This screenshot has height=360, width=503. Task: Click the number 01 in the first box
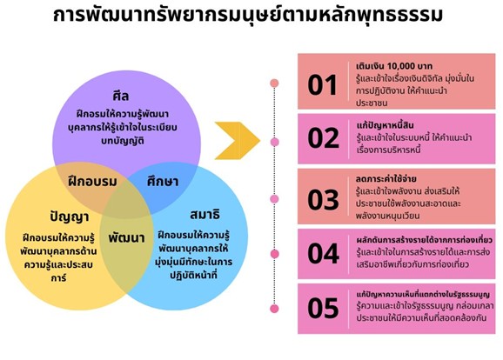pos(322,85)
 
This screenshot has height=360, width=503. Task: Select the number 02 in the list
pos(323,138)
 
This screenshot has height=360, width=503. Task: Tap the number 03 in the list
pos(323,200)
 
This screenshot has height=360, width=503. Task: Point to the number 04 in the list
pos(324,254)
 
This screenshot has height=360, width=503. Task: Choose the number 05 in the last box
pos(323,308)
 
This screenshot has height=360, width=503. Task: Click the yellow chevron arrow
pos(238,141)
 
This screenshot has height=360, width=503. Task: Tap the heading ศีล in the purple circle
pos(121,96)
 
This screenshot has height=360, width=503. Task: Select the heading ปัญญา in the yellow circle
pos(70,217)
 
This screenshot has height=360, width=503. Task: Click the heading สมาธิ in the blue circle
pos(205,214)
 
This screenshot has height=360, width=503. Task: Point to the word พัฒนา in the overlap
pos(126,238)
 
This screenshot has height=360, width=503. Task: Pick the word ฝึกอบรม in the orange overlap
pos(93,181)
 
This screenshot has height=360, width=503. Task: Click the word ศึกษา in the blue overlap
pos(163,181)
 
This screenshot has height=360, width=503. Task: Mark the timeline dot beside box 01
pos(274,83)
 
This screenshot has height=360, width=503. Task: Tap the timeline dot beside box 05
pos(274,309)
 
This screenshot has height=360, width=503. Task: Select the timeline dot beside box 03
pos(274,199)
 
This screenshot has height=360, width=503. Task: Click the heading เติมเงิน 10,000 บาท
pos(394,66)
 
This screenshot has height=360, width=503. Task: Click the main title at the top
pos(248,14)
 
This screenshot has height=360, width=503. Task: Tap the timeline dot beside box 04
pos(275,254)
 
